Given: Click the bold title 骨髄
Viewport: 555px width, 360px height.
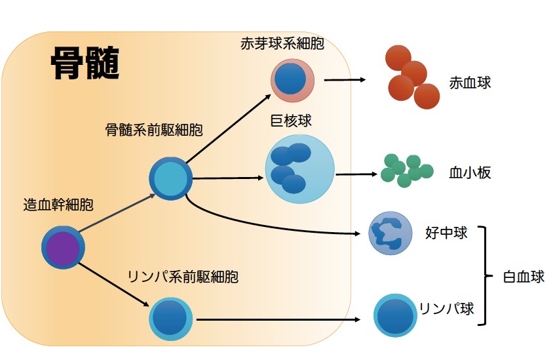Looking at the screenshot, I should [x=85, y=64].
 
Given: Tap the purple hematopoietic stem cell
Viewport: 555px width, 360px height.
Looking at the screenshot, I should [x=64, y=248].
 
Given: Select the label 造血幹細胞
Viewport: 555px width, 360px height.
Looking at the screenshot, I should [x=58, y=205].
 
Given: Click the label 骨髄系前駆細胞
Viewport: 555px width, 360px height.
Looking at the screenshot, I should [x=153, y=130].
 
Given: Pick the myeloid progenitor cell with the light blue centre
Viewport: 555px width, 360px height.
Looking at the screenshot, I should [x=170, y=178].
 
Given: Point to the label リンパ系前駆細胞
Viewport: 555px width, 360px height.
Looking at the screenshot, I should [x=182, y=277].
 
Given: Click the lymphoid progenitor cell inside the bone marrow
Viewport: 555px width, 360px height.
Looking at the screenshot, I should [x=171, y=319].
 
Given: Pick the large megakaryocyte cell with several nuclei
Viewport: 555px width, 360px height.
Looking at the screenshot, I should [x=299, y=169].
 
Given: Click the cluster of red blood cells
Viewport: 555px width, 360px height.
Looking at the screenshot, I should [x=410, y=77].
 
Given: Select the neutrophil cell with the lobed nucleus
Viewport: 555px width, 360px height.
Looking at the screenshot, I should [x=390, y=233].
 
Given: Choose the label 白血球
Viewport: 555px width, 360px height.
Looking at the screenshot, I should [x=524, y=277].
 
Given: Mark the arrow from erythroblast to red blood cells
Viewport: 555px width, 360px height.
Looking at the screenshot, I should [x=345, y=80].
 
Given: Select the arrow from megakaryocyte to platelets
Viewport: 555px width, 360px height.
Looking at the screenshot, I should [x=356, y=174].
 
